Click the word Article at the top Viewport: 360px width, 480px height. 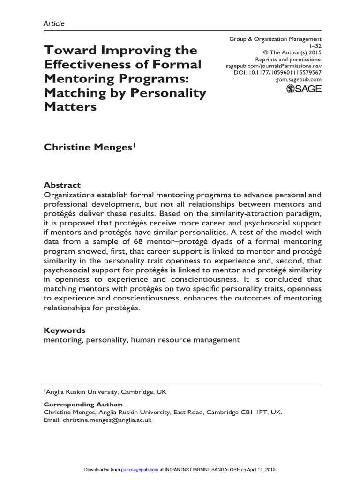click(54, 23)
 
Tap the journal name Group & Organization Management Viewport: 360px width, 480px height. click(276, 39)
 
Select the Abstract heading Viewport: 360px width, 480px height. click(62, 185)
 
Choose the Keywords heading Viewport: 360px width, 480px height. click(65, 330)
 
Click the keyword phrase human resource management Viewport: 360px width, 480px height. click(186, 340)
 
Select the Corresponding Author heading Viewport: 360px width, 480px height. click(83, 404)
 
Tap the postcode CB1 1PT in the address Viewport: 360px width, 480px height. click(256, 412)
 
